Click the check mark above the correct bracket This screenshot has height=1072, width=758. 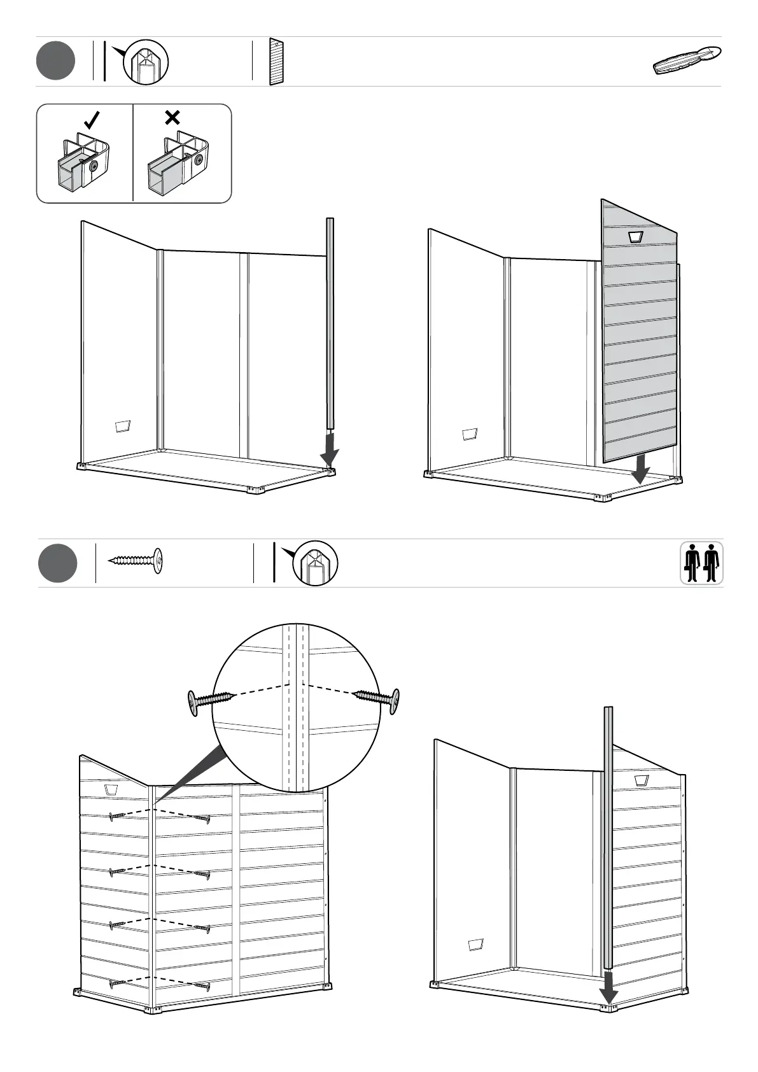pyautogui.click(x=93, y=119)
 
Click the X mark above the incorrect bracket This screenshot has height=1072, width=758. pyautogui.click(x=172, y=117)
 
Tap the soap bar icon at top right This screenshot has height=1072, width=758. pyautogui.click(x=687, y=61)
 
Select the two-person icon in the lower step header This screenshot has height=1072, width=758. pyautogui.click(x=701, y=563)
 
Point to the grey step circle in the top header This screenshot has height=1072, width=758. pyautogui.click(x=55, y=61)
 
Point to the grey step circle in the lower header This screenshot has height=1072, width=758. pyautogui.click(x=57, y=563)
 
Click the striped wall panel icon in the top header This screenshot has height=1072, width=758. pyautogui.click(x=276, y=62)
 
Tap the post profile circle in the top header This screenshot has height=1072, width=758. pyautogui.click(x=145, y=62)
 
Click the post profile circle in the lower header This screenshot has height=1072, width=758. pyautogui.click(x=314, y=563)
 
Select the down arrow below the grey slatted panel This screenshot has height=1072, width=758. pyautogui.click(x=640, y=470)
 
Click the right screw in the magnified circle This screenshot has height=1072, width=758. pyautogui.click(x=377, y=698)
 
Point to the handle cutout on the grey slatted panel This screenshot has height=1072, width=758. pyautogui.click(x=635, y=237)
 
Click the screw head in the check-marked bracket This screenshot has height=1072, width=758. pyautogui.click(x=94, y=166)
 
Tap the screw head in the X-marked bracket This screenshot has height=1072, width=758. pyautogui.click(x=199, y=159)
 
